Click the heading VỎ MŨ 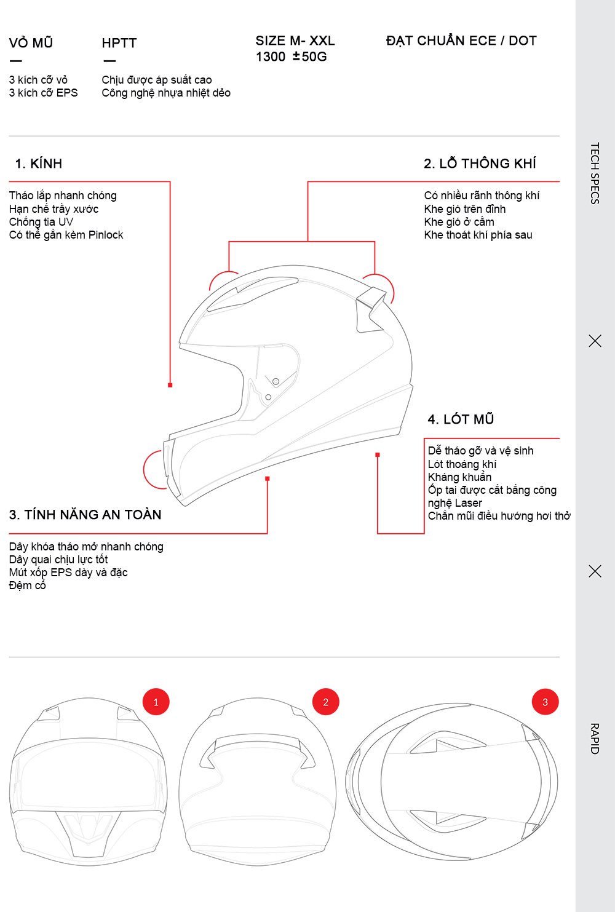click(31, 43)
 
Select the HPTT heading click(119, 43)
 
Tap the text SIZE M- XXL click(295, 41)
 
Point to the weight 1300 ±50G click(292, 57)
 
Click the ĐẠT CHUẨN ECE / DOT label click(461, 41)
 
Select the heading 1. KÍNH click(39, 164)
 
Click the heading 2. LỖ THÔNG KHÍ click(480, 164)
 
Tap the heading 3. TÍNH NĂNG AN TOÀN click(85, 515)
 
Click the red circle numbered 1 click(156, 702)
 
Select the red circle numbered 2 click(326, 702)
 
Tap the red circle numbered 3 click(545, 702)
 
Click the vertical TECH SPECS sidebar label click(595, 173)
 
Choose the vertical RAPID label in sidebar click(595, 739)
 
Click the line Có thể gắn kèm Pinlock click(66, 235)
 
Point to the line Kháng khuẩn click(459, 477)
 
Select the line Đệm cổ click(28, 585)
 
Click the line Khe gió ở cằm click(459, 222)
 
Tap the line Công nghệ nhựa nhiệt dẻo click(166, 93)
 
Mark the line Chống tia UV click(41, 222)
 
